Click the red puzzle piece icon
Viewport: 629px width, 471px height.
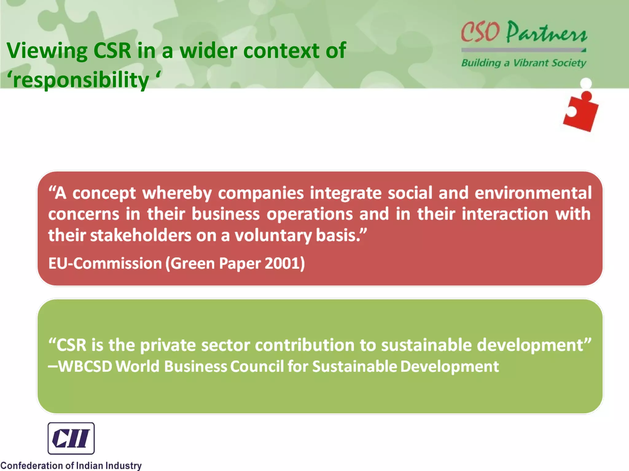(x=580, y=113)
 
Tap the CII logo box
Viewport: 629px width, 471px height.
(x=71, y=438)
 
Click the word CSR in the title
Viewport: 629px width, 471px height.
(x=112, y=51)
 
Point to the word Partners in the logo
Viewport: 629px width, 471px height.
(x=547, y=33)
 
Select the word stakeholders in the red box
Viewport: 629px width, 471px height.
(x=140, y=235)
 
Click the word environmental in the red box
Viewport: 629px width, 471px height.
(x=533, y=193)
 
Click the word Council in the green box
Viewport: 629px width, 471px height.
(x=257, y=366)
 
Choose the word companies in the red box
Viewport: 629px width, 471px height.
(x=261, y=193)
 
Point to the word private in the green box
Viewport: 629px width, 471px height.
(x=168, y=345)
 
